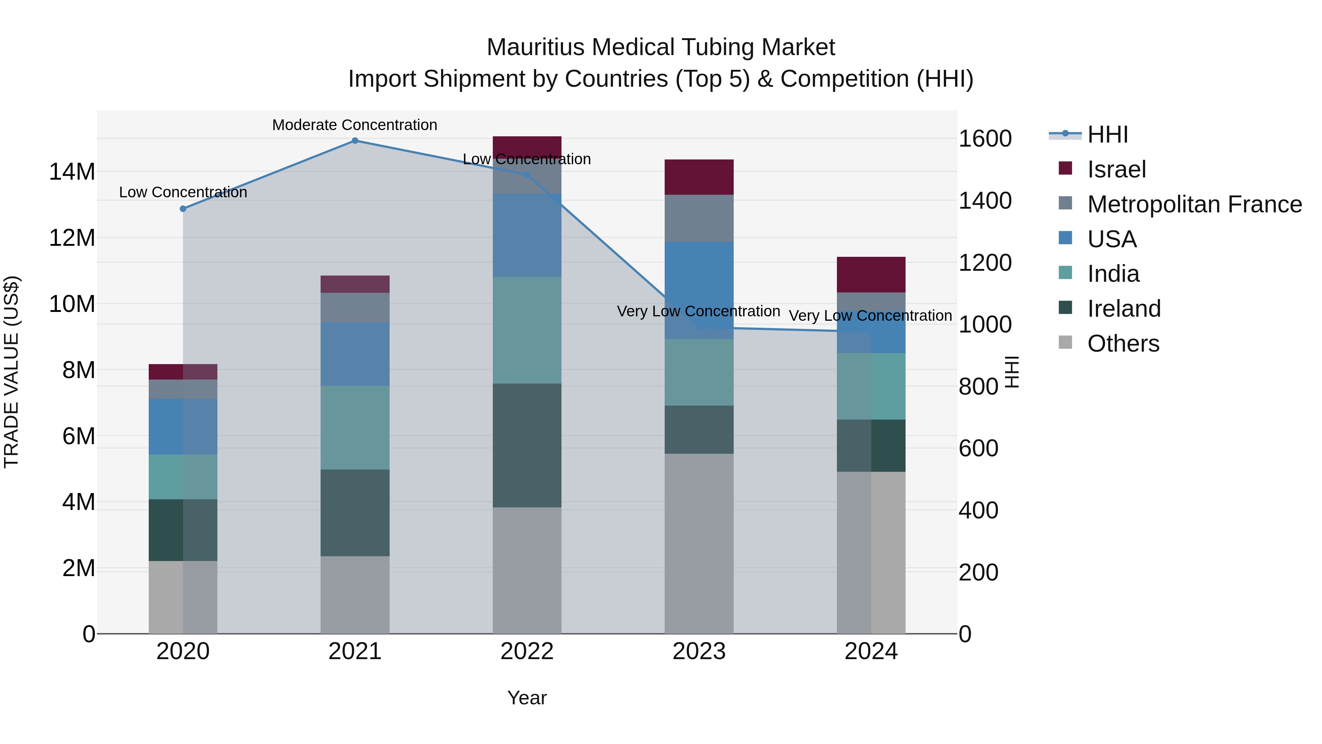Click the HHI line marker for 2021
tap(355, 141)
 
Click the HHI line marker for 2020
tap(183, 208)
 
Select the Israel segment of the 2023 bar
tap(698, 177)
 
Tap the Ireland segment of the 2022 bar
tap(527, 445)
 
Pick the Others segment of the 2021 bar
tap(355, 594)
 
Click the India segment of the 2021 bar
tap(355, 427)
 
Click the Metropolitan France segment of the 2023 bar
tap(698, 218)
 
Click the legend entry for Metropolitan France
tap(1194, 204)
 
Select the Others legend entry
tap(1123, 344)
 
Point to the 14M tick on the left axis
tap(72, 172)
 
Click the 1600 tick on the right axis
tap(984, 139)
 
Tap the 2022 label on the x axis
tap(527, 651)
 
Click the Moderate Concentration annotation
tap(355, 125)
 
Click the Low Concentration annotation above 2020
tap(183, 192)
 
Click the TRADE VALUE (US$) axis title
tap(11, 372)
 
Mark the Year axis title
tap(527, 698)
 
